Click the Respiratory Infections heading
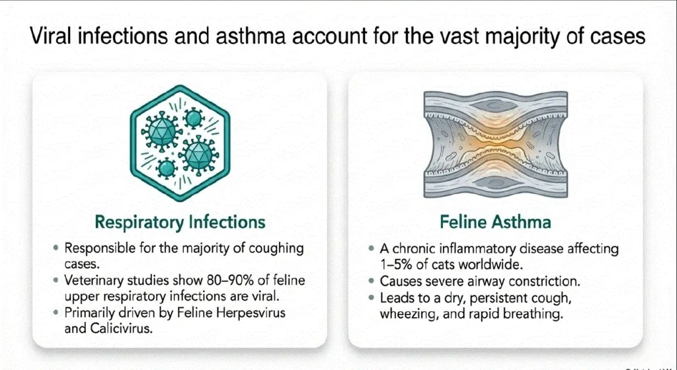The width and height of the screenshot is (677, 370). [180, 223]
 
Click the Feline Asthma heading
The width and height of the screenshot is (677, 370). [495, 223]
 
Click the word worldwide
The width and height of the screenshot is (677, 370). [496, 264]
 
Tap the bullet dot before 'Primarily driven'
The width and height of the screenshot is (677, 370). [56, 313]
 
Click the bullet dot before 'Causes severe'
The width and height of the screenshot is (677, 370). [372, 281]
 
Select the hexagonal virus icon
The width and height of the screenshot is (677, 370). [180, 143]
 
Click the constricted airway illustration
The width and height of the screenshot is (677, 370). [496, 145]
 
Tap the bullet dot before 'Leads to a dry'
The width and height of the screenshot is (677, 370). [372, 297]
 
